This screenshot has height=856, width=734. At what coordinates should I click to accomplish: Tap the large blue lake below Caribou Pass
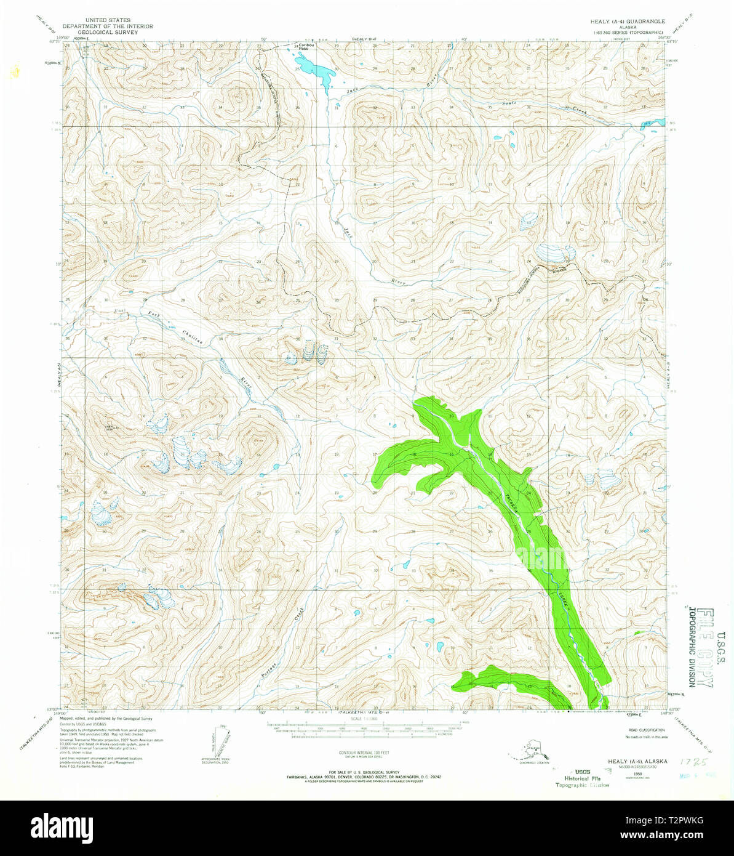[x=315, y=69]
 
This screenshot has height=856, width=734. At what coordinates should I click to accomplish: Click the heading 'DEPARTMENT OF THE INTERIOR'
[x=108, y=27]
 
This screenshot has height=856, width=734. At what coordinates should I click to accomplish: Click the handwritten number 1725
[x=692, y=762]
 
